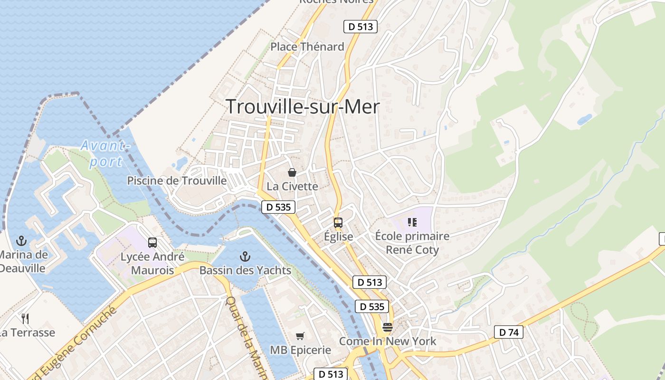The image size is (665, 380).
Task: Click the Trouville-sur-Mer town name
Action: click(303, 106)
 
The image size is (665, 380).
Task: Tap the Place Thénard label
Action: click(307, 47)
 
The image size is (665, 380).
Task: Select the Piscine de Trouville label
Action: click(177, 180)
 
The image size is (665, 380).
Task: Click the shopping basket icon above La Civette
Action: click(292, 172)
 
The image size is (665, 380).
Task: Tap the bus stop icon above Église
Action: click(338, 222)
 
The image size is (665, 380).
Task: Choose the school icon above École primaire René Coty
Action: click(412, 222)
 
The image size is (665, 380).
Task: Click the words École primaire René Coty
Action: click(412, 243)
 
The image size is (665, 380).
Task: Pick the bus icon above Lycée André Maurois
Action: click(152, 243)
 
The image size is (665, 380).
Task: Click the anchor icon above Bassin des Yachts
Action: click(245, 257)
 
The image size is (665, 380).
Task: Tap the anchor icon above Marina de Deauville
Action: click(21, 241)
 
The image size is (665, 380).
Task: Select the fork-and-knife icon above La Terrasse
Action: click(25, 318)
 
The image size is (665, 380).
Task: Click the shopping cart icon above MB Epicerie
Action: click(300, 336)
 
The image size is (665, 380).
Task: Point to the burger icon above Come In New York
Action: click(388, 327)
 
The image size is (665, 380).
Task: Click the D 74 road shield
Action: click(508, 332)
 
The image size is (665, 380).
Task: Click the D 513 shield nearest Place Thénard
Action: click(361, 27)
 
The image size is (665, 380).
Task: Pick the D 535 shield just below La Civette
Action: click(278, 207)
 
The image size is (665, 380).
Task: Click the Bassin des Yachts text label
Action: click(245, 270)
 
